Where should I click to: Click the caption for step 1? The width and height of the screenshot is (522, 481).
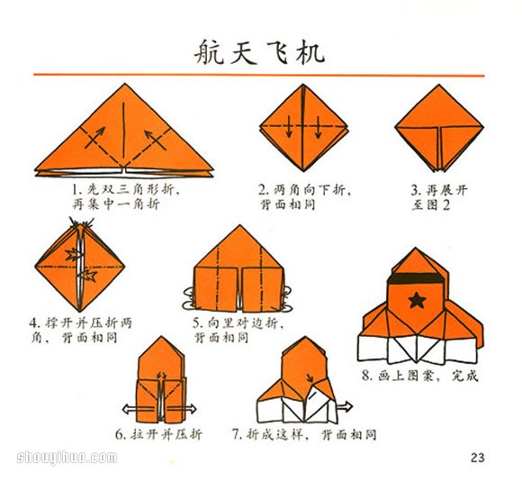point(125,197)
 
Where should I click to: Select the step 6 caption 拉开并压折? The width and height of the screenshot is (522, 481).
point(158,433)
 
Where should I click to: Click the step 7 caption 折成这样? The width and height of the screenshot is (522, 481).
point(304,434)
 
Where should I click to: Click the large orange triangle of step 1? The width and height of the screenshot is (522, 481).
point(124,135)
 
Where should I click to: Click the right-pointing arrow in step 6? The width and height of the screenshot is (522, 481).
point(200,407)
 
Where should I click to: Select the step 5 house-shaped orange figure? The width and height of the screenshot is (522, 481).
point(239,270)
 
